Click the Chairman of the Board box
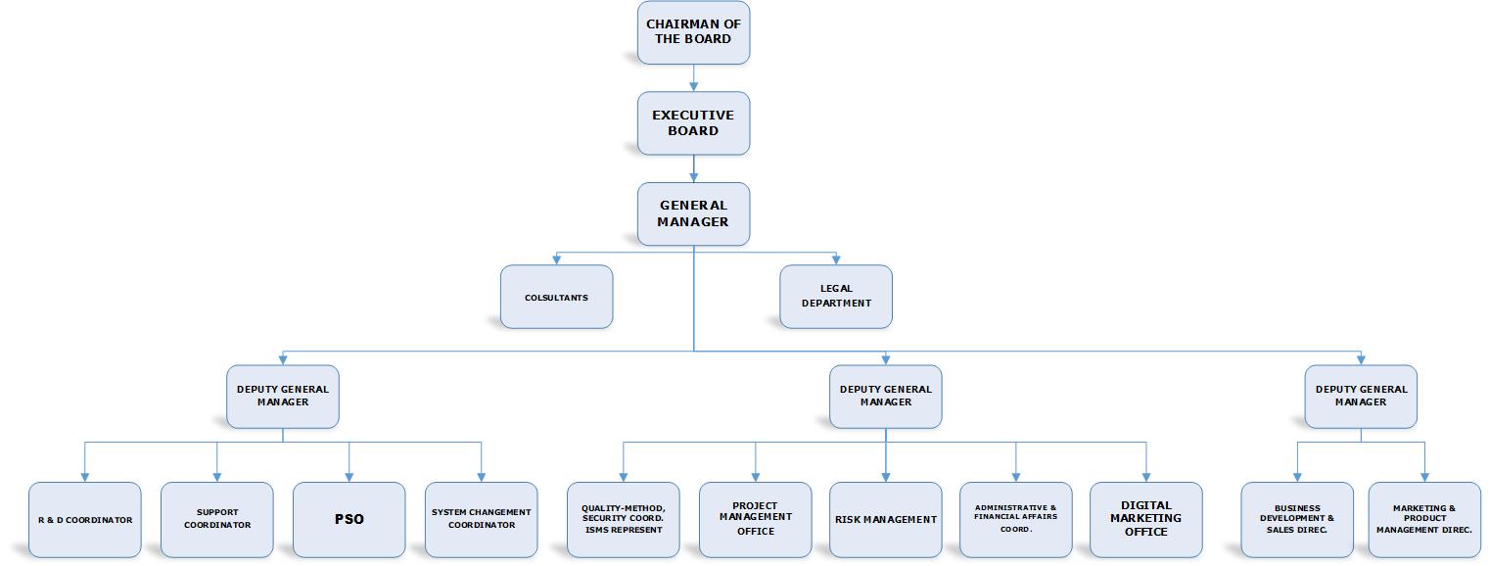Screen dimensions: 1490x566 [x=693, y=32]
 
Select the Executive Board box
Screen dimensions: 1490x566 [x=693, y=123]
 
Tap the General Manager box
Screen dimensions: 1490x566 [x=693, y=213]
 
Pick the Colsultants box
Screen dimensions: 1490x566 [x=556, y=297]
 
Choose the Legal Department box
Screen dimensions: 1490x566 [x=835, y=297]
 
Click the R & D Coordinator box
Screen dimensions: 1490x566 [x=84, y=519]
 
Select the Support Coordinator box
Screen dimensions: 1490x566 [x=217, y=519]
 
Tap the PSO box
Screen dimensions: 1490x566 [x=349, y=519]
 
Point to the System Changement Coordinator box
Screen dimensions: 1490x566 [x=481, y=519]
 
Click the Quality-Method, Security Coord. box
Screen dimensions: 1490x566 [x=624, y=519]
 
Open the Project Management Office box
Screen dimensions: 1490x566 [x=755, y=519]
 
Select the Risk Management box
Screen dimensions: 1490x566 [x=885, y=519]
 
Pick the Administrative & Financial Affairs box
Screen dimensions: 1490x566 [x=1016, y=519]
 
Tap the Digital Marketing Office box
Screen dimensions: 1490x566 [x=1146, y=519]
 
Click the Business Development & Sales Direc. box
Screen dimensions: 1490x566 [x=1297, y=519]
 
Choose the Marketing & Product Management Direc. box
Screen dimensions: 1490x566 [x=1424, y=519]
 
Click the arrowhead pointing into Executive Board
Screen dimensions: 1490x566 [x=694, y=87]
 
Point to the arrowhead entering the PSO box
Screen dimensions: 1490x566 [x=349, y=478]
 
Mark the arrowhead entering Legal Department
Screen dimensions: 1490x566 [x=836, y=260]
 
